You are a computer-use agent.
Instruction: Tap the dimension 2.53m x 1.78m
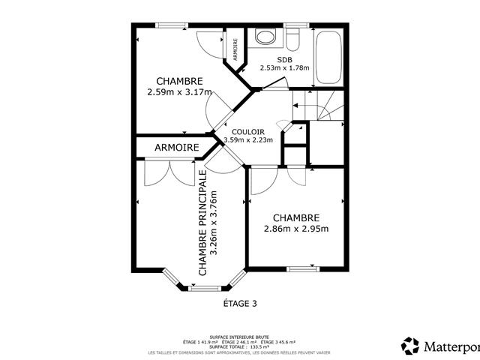point(285,67)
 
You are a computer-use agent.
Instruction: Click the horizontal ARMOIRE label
point(177,148)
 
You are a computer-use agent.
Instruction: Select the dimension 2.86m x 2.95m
point(296,229)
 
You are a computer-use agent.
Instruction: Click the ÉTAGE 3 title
point(240,304)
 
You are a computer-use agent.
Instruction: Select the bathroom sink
point(264,37)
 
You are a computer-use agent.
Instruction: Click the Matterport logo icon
point(411,346)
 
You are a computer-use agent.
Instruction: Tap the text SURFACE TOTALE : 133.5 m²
point(239,347)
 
